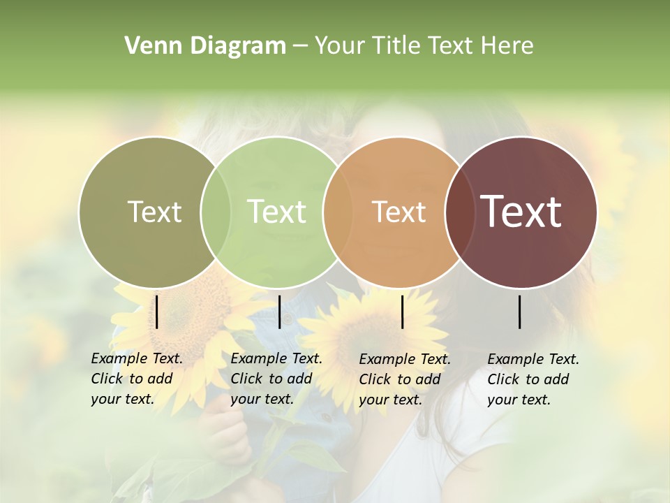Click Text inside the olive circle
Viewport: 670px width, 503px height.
[154, 212]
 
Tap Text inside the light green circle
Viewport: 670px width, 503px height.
[276, 212]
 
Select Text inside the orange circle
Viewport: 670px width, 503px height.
[399, 212]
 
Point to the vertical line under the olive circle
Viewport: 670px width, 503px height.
[157, 312]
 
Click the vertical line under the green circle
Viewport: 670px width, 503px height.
[279, 312]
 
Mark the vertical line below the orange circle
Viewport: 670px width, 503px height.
[402, 312]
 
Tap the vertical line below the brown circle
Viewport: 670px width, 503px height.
[520, 312]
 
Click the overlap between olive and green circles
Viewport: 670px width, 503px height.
[216, 212]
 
